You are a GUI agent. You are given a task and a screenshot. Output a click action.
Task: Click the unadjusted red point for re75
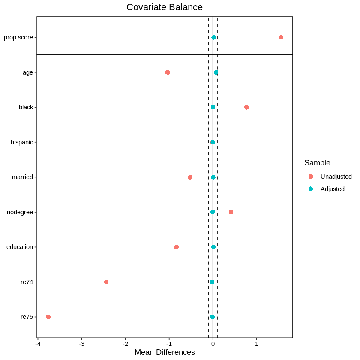coord(48,317)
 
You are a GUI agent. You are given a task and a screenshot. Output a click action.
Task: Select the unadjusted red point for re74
coord(106,282)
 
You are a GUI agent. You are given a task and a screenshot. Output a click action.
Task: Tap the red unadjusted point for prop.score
coord(281,37)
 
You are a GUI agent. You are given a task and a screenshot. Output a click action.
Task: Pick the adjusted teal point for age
coord(216,72)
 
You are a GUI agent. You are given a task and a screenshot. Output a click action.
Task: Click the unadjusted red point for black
coord(246,107)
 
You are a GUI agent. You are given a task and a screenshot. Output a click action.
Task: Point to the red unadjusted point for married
coord(190,177)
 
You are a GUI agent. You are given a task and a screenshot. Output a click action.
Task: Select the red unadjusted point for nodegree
coord(231,212)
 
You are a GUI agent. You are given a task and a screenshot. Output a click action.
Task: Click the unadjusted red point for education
coord(176,247)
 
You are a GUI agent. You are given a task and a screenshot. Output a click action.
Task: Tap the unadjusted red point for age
coord(168,72)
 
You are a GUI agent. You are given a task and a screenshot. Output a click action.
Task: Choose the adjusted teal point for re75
coord(213,317)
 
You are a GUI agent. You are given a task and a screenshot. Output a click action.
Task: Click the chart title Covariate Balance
coord(165,7)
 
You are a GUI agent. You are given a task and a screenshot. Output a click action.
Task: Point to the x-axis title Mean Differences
coord(165,352)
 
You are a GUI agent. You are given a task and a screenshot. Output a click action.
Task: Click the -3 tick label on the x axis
coord(81,344)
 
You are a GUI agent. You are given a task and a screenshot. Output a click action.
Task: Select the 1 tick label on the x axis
coord(257,344)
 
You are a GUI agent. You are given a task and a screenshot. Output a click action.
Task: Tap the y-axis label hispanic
coord(22,142)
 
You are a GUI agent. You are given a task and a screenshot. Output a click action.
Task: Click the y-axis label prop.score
coord(18,37)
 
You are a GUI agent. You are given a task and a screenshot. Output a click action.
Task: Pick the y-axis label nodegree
coord(20,212)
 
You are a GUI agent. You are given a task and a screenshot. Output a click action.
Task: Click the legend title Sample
coord(317,163)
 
